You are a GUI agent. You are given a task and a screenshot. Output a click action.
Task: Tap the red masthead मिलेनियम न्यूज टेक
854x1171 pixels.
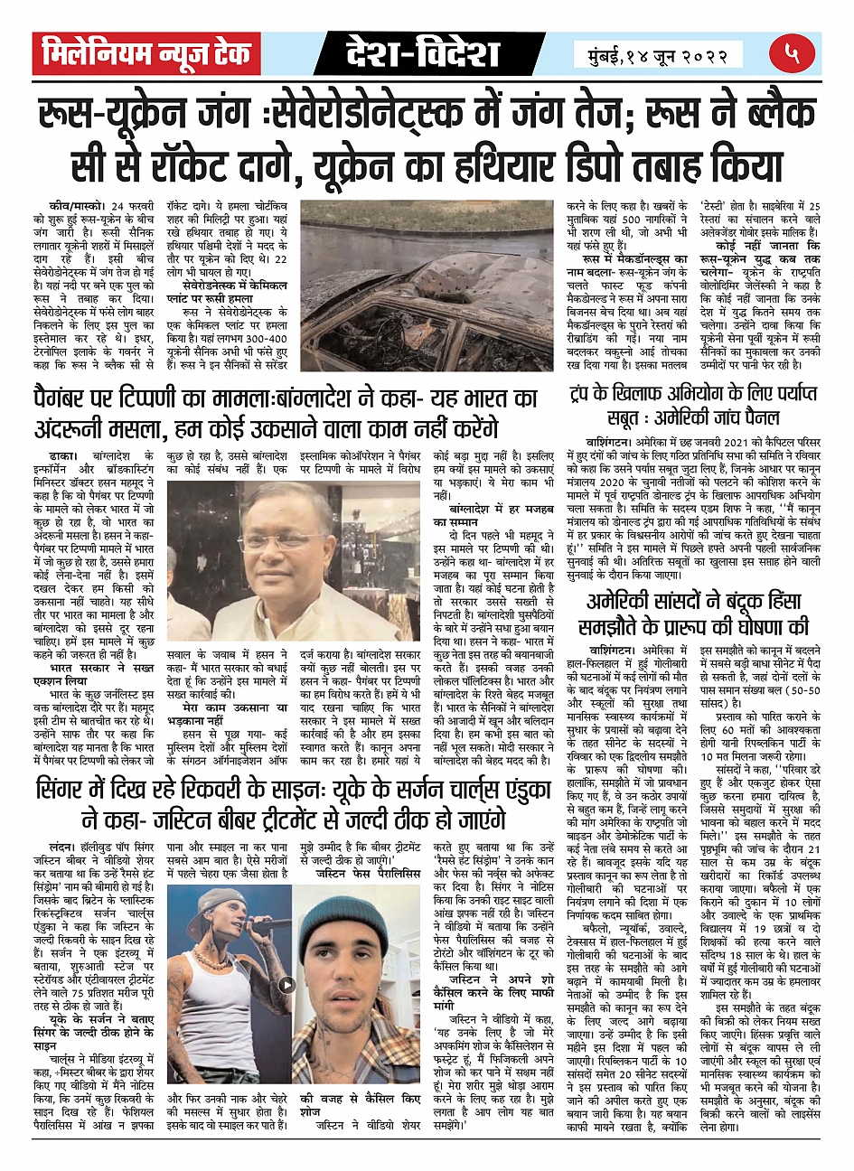(146, 56)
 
